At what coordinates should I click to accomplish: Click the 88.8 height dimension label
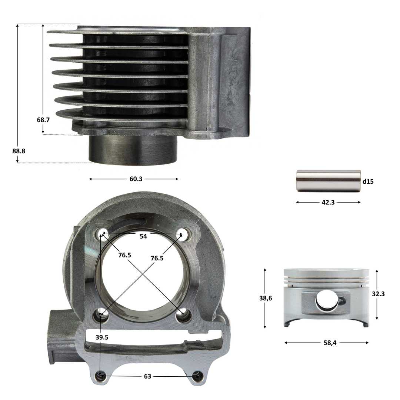[19, 151]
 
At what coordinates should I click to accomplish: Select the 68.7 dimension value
[43, 120]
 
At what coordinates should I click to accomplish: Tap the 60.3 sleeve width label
[136, 179]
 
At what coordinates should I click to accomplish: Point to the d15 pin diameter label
[368, 181]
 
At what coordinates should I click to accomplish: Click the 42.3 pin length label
[328, 202]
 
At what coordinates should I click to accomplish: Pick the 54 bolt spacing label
[143, 236]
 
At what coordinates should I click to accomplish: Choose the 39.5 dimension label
[102, 337]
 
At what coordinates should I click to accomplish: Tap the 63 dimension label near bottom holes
[147, 376]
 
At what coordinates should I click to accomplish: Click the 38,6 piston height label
[266, 298]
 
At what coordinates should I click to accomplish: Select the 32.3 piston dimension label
[378, 294]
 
